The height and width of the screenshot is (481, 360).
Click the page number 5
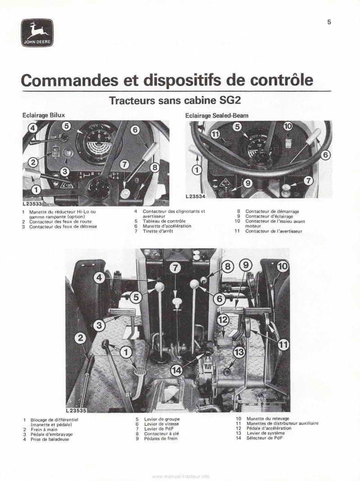(x=329, y=22)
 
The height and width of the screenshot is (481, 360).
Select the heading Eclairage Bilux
(x=44, y=115)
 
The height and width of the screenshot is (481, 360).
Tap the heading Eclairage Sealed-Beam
(x=217, y=115)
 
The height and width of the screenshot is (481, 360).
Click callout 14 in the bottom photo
(x=177, y=370)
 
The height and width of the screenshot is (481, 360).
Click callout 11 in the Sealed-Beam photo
(x=215, y=134)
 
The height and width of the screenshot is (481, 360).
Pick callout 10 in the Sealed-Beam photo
(x=288, y=127)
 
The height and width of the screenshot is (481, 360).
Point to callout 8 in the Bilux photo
(x=154, y=168)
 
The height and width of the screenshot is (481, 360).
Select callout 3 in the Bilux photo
(x=65, y=171)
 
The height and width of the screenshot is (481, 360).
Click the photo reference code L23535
(x=76, y=410)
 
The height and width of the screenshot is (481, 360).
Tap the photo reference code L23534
(x=195, y=197)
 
